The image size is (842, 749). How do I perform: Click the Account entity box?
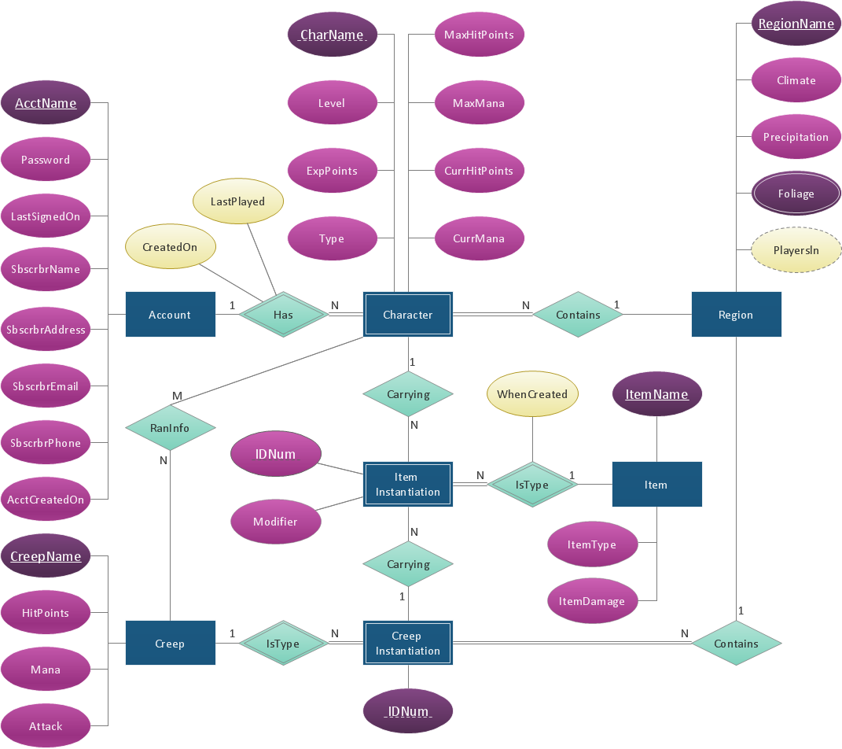tap(170, 315)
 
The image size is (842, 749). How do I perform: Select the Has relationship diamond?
tap(283, 315)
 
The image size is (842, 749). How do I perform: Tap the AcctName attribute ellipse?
tap(46, 103)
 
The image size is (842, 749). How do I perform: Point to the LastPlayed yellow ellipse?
tap(237, 201)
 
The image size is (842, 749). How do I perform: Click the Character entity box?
tap(407, 315)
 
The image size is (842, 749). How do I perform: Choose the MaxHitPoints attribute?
tap(479, 35)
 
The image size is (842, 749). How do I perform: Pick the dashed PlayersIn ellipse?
tap(796, 250)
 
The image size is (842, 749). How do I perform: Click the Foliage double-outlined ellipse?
tap(796, 194)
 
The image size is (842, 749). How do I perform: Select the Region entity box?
tap(736, 315)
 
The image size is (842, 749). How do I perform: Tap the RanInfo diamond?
tap(170, 428)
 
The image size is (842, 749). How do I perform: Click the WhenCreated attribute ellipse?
tap(532, 394)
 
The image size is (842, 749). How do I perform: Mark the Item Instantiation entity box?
tap(407, 485)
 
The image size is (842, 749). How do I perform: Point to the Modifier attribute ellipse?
tap(275, 522)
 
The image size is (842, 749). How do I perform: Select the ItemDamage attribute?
tap(592, 601)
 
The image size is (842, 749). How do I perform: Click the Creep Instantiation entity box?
tap(407, 644)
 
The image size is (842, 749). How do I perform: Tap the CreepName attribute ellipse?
tap(46, 556)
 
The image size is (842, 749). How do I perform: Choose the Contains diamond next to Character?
tap(578, 315)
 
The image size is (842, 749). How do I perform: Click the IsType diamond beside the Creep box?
tap(283, 644)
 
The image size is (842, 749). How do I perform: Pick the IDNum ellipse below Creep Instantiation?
tap(408, 712)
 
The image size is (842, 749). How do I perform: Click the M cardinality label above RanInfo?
tap(178, 395)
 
